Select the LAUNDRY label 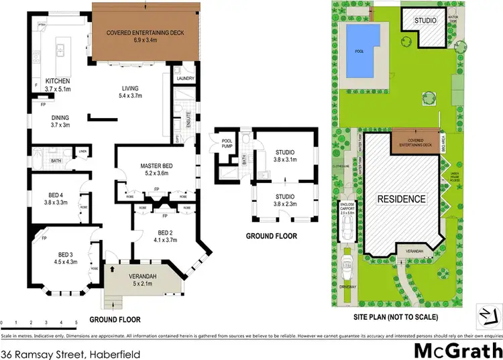point(186,78)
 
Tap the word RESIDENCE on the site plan point(401,199)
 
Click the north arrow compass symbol point(485,313)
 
